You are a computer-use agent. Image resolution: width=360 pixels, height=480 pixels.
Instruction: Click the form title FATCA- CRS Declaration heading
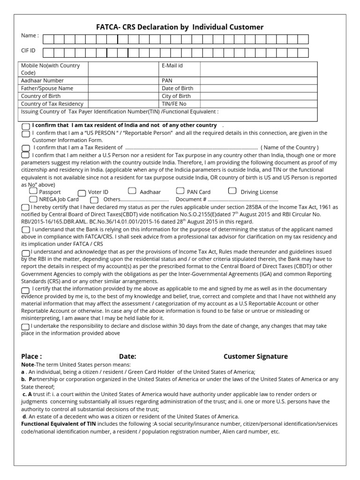click(x=180, y=27)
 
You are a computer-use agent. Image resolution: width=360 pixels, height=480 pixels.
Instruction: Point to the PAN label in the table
click(x=167, y=80)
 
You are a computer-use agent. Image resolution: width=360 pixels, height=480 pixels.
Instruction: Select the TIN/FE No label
click(x=174, y=104)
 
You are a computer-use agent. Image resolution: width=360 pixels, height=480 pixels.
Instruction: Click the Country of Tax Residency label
click(x=52, y=104)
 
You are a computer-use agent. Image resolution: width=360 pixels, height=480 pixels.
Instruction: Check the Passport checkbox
click(x=33, y=191)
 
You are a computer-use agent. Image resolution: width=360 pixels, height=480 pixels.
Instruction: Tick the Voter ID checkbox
click(x=82, y=192)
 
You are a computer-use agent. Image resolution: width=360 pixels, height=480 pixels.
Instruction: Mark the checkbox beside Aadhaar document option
click(x=132, y=191)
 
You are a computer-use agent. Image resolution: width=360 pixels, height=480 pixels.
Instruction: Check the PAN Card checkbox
click(x=180, y=191)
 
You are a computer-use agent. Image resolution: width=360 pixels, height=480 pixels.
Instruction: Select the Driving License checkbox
click(x=232, y=191)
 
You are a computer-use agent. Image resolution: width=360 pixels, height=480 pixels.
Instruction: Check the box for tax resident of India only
click(x=25, y=126)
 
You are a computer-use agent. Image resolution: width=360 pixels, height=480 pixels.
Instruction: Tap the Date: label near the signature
click(x=127, y=356)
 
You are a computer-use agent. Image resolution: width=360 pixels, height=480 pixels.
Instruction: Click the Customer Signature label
click(x=255, y=356)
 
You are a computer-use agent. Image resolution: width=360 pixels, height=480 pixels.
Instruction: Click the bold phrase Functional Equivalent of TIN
click(x=61, y=424)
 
